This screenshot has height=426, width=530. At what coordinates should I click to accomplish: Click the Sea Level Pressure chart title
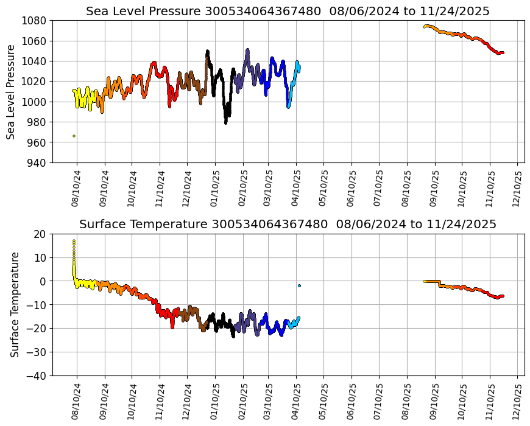[288, 12]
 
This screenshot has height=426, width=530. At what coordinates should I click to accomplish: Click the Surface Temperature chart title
[288, 225]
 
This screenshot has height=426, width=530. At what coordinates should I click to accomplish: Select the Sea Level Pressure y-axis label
[12, 91]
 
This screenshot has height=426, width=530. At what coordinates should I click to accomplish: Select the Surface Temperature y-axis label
[15, 304]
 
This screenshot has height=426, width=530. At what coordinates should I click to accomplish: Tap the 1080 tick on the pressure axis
[35, 21]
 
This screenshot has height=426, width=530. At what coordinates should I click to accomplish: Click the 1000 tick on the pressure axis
[35, 102]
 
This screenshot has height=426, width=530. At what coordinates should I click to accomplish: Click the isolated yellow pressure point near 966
[74, 136]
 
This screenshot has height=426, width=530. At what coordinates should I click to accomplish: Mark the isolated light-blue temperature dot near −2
[299, 285]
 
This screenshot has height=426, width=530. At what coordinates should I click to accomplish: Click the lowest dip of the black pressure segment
[226, 122]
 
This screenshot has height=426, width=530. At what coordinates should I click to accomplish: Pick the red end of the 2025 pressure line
[502, 53]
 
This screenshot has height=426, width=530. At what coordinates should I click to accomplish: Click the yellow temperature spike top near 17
[74, 241]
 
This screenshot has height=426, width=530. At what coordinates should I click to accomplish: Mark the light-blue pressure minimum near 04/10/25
[289, 107]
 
